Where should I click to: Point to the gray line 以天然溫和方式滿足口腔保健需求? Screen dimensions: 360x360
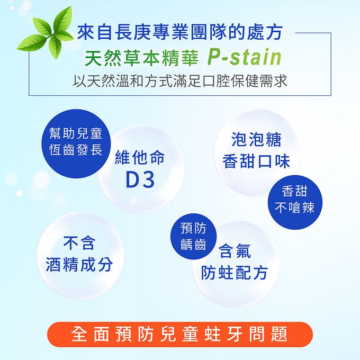pyautogui.click(x=181, y=82)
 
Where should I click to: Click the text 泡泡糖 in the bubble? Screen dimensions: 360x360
pyautogui.click(x=256, y=140)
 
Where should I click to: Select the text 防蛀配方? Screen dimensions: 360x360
pyautogui.click(x=235, y=273)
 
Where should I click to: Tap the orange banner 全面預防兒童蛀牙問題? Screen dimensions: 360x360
pyautogui.click(x=179, y=334)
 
